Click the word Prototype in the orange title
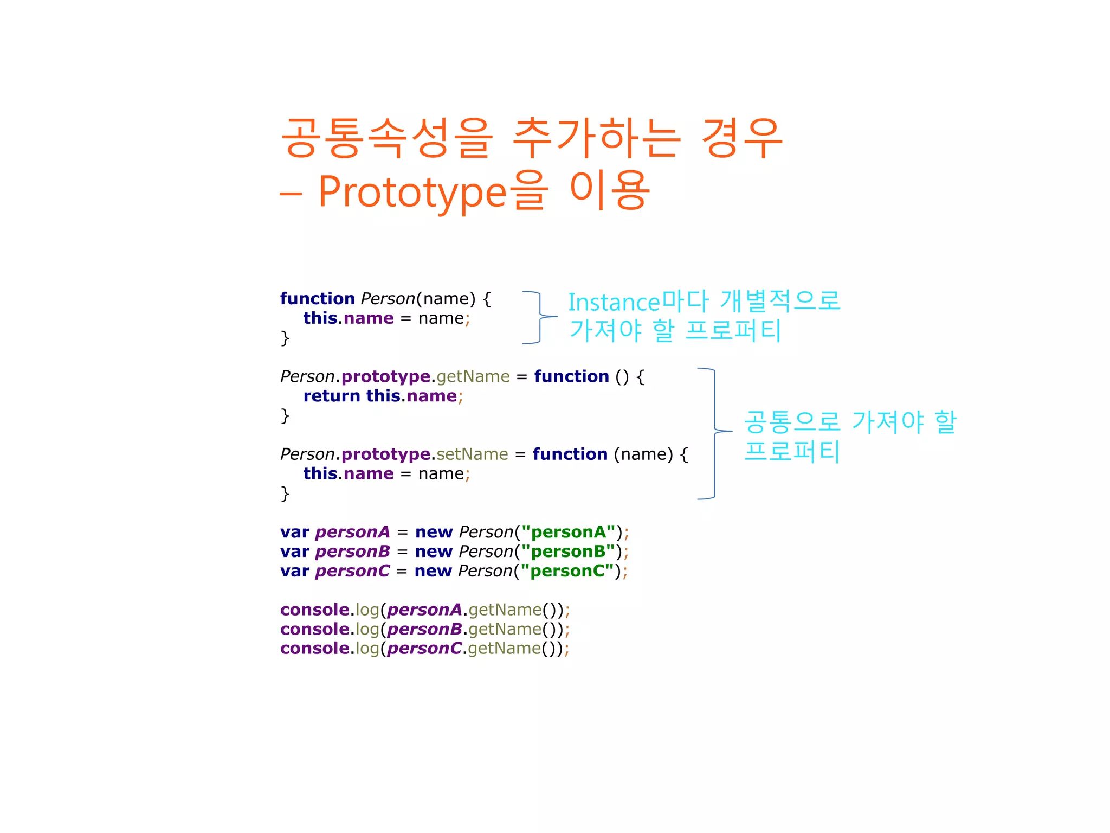412,193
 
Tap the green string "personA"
568,532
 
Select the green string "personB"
567,552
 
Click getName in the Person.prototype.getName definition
473,376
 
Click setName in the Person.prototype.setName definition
472,454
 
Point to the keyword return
332,396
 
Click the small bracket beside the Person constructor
540,317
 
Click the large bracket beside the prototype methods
714,433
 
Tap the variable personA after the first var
352,532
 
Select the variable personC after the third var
352,571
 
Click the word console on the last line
314,649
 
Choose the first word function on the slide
317,299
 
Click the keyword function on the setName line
570,454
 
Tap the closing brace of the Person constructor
285,338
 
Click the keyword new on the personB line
434,552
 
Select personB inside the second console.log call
424,629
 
